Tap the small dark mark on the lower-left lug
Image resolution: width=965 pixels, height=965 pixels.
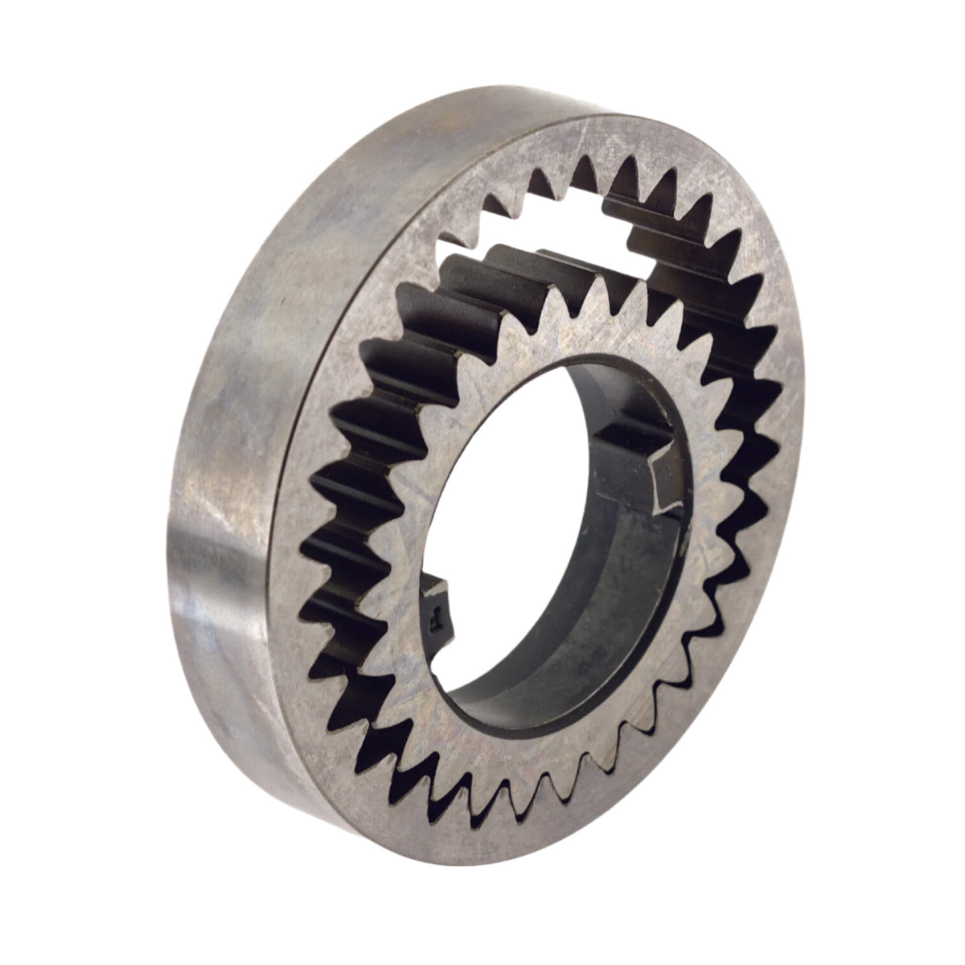(x=435, y=618)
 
